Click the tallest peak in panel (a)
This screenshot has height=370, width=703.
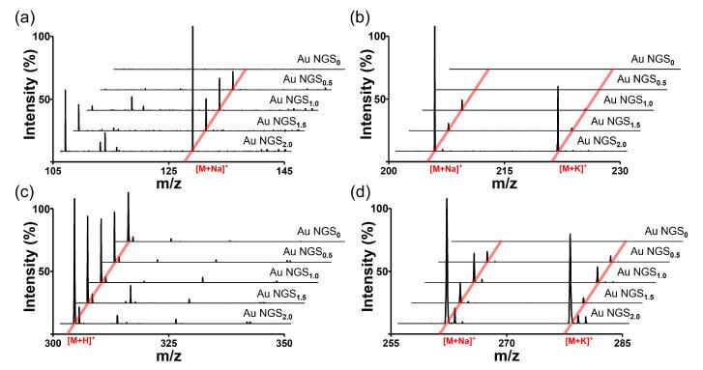193,29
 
